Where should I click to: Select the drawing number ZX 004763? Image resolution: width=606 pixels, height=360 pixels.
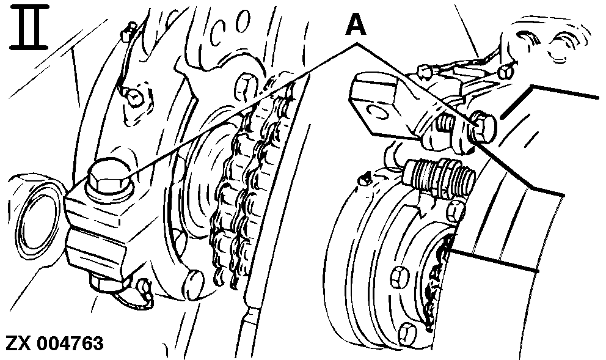(54, 343)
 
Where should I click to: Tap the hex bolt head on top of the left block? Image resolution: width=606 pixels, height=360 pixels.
(108, 177)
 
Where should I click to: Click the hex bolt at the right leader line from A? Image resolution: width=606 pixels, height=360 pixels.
(483, 126)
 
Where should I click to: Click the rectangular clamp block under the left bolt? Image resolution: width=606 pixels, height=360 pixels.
(98, 226)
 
